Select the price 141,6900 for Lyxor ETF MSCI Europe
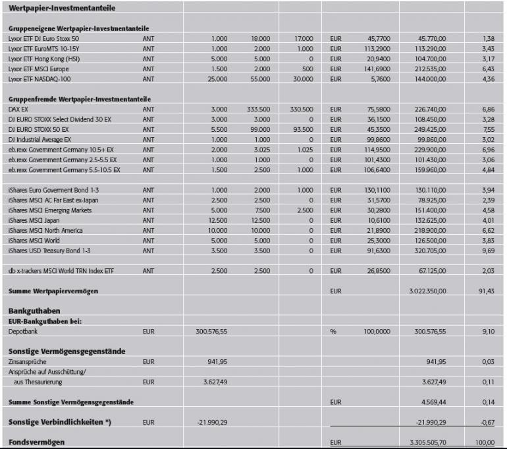click(377, 69)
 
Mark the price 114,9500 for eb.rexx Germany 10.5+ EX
click(377, 150)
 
